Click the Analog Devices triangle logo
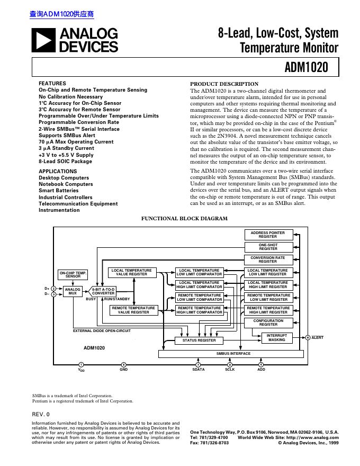coord(44,41)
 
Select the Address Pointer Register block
coord(267,235)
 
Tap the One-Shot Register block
coord(267,247)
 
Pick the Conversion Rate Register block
coord(267,259)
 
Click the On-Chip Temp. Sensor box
coord(73,274)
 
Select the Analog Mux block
coord(73,292)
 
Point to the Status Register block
coord(199,340)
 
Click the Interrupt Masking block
coord(276,337)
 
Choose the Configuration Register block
coord(268,322)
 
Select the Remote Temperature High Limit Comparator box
coord(199,310)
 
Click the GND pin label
coord(123,369)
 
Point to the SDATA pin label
coord(198,369)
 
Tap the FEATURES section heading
coord(52,84)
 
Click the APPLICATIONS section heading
coord(58,171)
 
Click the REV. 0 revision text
coord(41,414)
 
